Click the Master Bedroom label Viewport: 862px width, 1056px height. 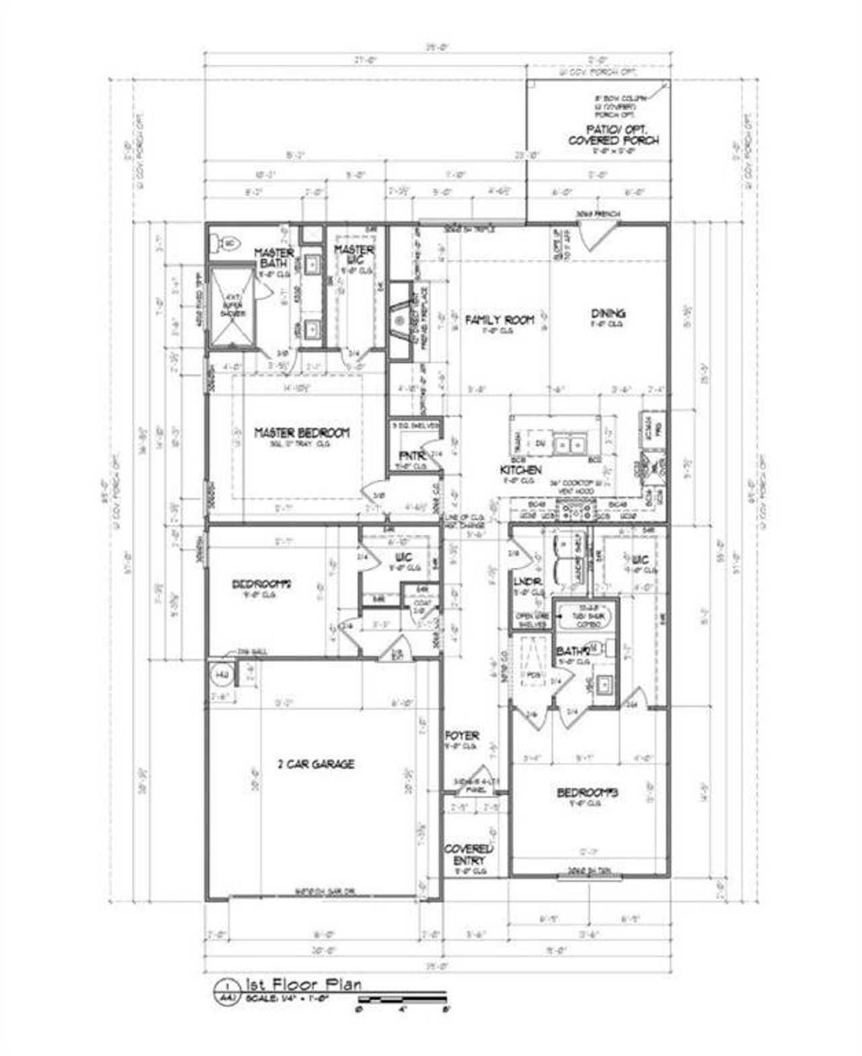[x=302, y=433]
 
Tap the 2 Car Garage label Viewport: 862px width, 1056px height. [x=316, y=764]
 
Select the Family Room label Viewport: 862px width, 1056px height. [x=500, y=320]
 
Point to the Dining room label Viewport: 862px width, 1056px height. [x=607, y=313]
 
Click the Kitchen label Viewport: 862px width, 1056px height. [x=521, y=469]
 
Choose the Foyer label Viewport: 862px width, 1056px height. [x=462, y=736]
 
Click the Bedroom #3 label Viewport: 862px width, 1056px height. [x=587, y=793]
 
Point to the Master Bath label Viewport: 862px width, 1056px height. [x=274, y=258]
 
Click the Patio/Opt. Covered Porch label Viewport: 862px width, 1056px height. [x=614, y=135]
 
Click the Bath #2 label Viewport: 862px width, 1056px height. [x=572, y=651]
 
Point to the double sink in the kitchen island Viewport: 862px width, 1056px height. [x=570, y=444]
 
